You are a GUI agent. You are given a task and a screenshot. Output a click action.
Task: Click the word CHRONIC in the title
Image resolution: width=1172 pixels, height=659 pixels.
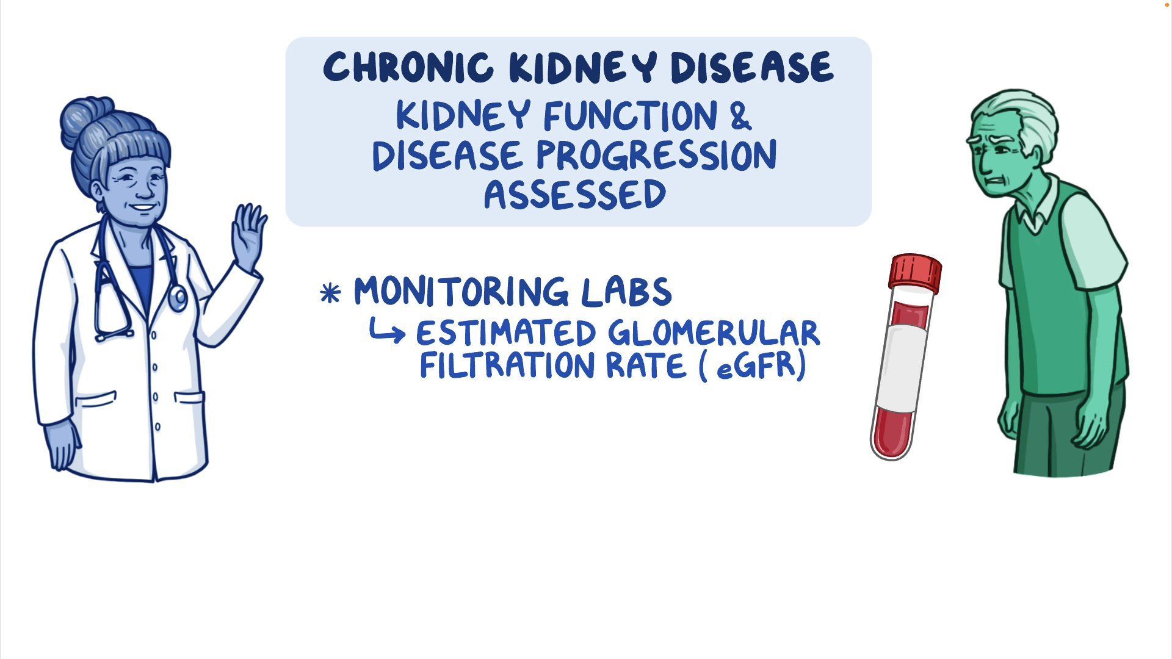(408, 67)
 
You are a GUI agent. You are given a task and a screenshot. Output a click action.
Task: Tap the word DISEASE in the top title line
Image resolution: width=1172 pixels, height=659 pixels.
(752, 67)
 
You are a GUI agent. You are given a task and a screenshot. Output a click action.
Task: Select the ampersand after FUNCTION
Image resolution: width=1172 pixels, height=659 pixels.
(740, 115)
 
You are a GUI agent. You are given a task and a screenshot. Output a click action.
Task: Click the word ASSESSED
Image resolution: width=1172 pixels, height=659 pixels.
(575, 195)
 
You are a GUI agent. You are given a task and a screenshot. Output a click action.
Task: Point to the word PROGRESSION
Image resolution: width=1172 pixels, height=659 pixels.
(657, 155)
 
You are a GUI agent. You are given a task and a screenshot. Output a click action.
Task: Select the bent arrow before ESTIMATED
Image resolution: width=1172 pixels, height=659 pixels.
(387, 331)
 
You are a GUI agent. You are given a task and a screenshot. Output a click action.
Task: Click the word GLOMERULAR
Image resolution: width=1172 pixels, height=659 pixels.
(714, 333)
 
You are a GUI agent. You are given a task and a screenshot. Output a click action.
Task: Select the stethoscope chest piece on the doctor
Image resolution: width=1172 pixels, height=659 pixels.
(178, 298)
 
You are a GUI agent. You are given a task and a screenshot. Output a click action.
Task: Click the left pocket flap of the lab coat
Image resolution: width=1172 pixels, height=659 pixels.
(95, 400)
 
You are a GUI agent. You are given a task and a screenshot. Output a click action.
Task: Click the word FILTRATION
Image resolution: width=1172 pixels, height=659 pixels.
(507, 366)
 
